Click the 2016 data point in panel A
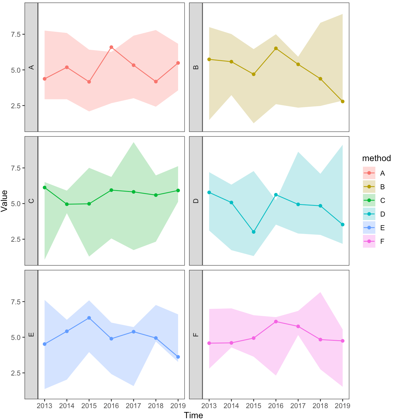[x=111, y=47]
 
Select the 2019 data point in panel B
[x=342, y=101]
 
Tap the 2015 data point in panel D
[x=254, y=232]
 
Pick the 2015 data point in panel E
[x=89, y=318]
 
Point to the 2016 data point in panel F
[x=276, y=322]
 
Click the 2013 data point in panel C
[x=44, y=187]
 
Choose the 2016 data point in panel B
[x=276, y=48]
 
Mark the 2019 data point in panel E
[x=178, y=357]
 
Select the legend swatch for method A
[x=369, y=173]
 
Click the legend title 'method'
[x=376, y=158]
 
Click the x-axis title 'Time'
[x=193, y=415]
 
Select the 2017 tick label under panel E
[x=134, y=406]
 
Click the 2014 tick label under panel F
[x=231, y=406]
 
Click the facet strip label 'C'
[x=31, y=201]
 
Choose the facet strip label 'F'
[x=196, y=335]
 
